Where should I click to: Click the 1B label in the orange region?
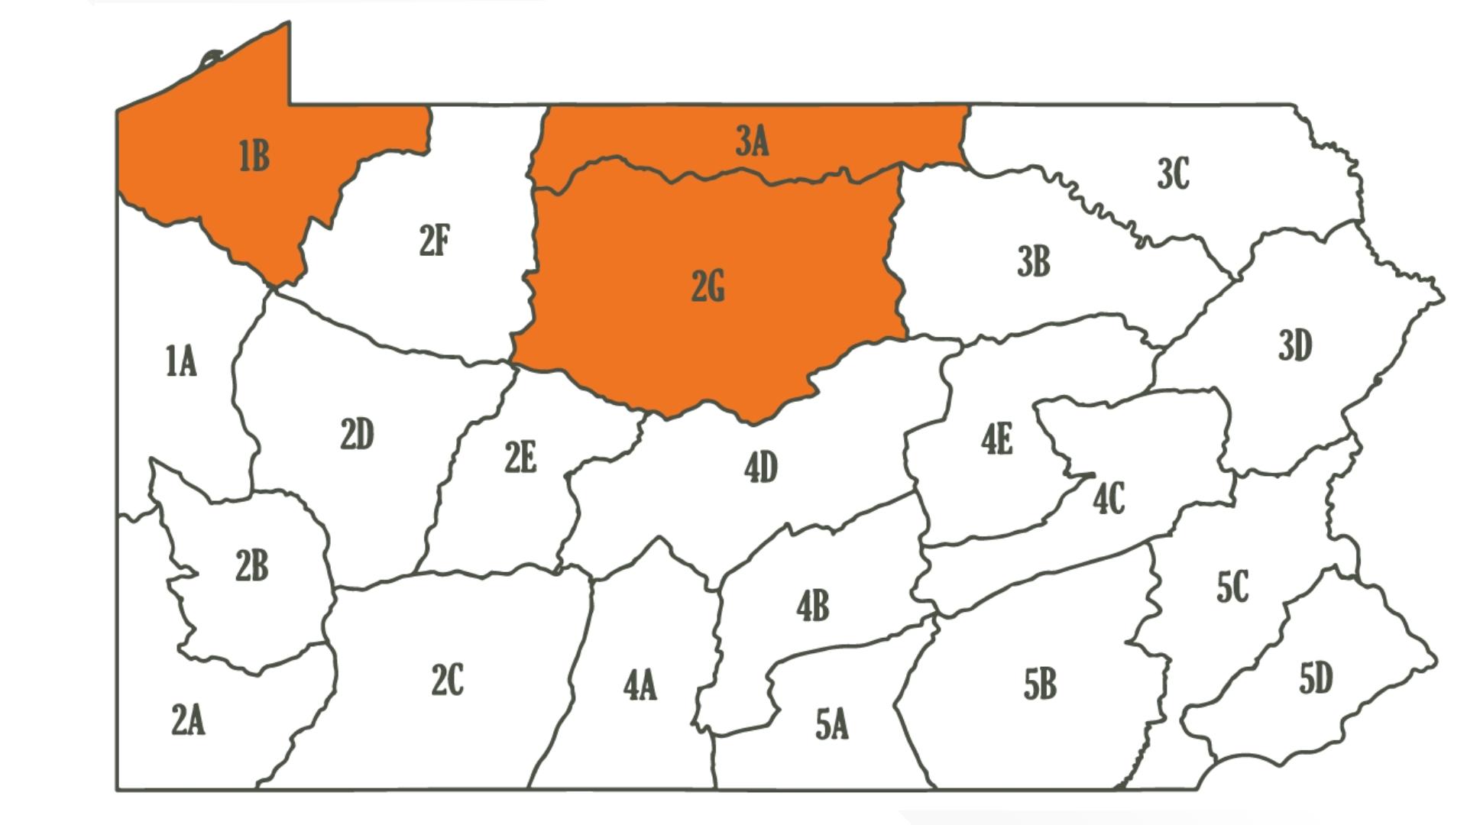coord(254,156)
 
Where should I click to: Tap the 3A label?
coord(752,141)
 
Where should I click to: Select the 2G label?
coord(708,287)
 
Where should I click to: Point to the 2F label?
coord(435,241)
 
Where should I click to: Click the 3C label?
coord(1173,174)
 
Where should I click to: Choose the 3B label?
coord(1034,261)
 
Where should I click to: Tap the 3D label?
coord(1295,345)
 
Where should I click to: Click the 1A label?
coord(181,361)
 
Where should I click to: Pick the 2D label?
coord(357,435)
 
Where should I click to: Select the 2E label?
coord(520,458)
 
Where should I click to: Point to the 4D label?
coord(761,467)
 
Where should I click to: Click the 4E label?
coord(997,440)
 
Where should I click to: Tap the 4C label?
coord(1109,500)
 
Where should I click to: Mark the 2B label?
coord(251,566)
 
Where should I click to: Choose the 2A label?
coord(188,720)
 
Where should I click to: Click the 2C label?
coord(447,680)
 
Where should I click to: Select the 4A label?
coord(640,685)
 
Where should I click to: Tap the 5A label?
coord(832,724)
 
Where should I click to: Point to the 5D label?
coord(1316,678)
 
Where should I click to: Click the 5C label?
coord(1232,587)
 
